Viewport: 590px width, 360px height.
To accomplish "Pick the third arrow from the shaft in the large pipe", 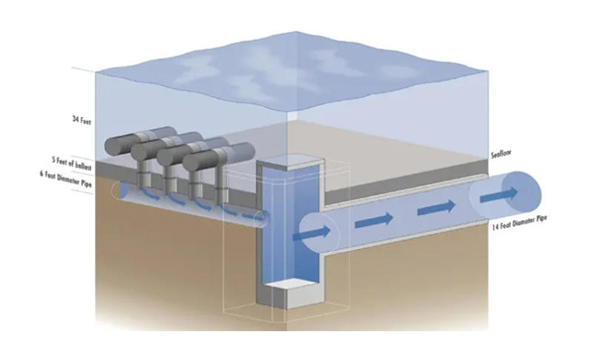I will [x=431, y=208].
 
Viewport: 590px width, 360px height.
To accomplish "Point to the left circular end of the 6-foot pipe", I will [x=119, y=188].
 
